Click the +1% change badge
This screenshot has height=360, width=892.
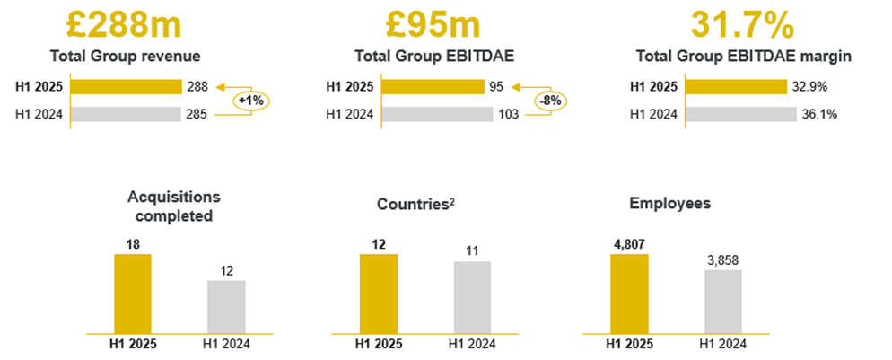pyautogui.click(x=251, y=101)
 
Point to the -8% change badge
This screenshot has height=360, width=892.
pyautogui.click(x=549, y=101)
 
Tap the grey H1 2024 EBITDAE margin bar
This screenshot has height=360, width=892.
pyautogui.click(x=739, y=114)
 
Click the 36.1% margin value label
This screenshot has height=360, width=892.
pyautogui.click(x=819, y=114)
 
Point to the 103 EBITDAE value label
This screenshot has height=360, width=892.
pyautogui.click(x=509, y=114)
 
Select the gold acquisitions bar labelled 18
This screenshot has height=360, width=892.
pyautogui.click(x=133, y=294)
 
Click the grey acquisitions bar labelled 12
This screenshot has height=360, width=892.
pyautogui.click(x=226, y=306)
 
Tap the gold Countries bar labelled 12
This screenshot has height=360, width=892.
pyautogui.click(x=379, y=294)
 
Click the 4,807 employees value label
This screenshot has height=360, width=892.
pyautogui.click(x=629, y=242)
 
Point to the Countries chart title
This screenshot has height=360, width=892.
pyautogui.click(x=413, y=204)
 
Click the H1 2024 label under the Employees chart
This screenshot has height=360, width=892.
pyautogui.click(x=723, y=343)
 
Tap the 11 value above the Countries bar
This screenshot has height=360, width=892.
pyautogui.click(x=472, y=250)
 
